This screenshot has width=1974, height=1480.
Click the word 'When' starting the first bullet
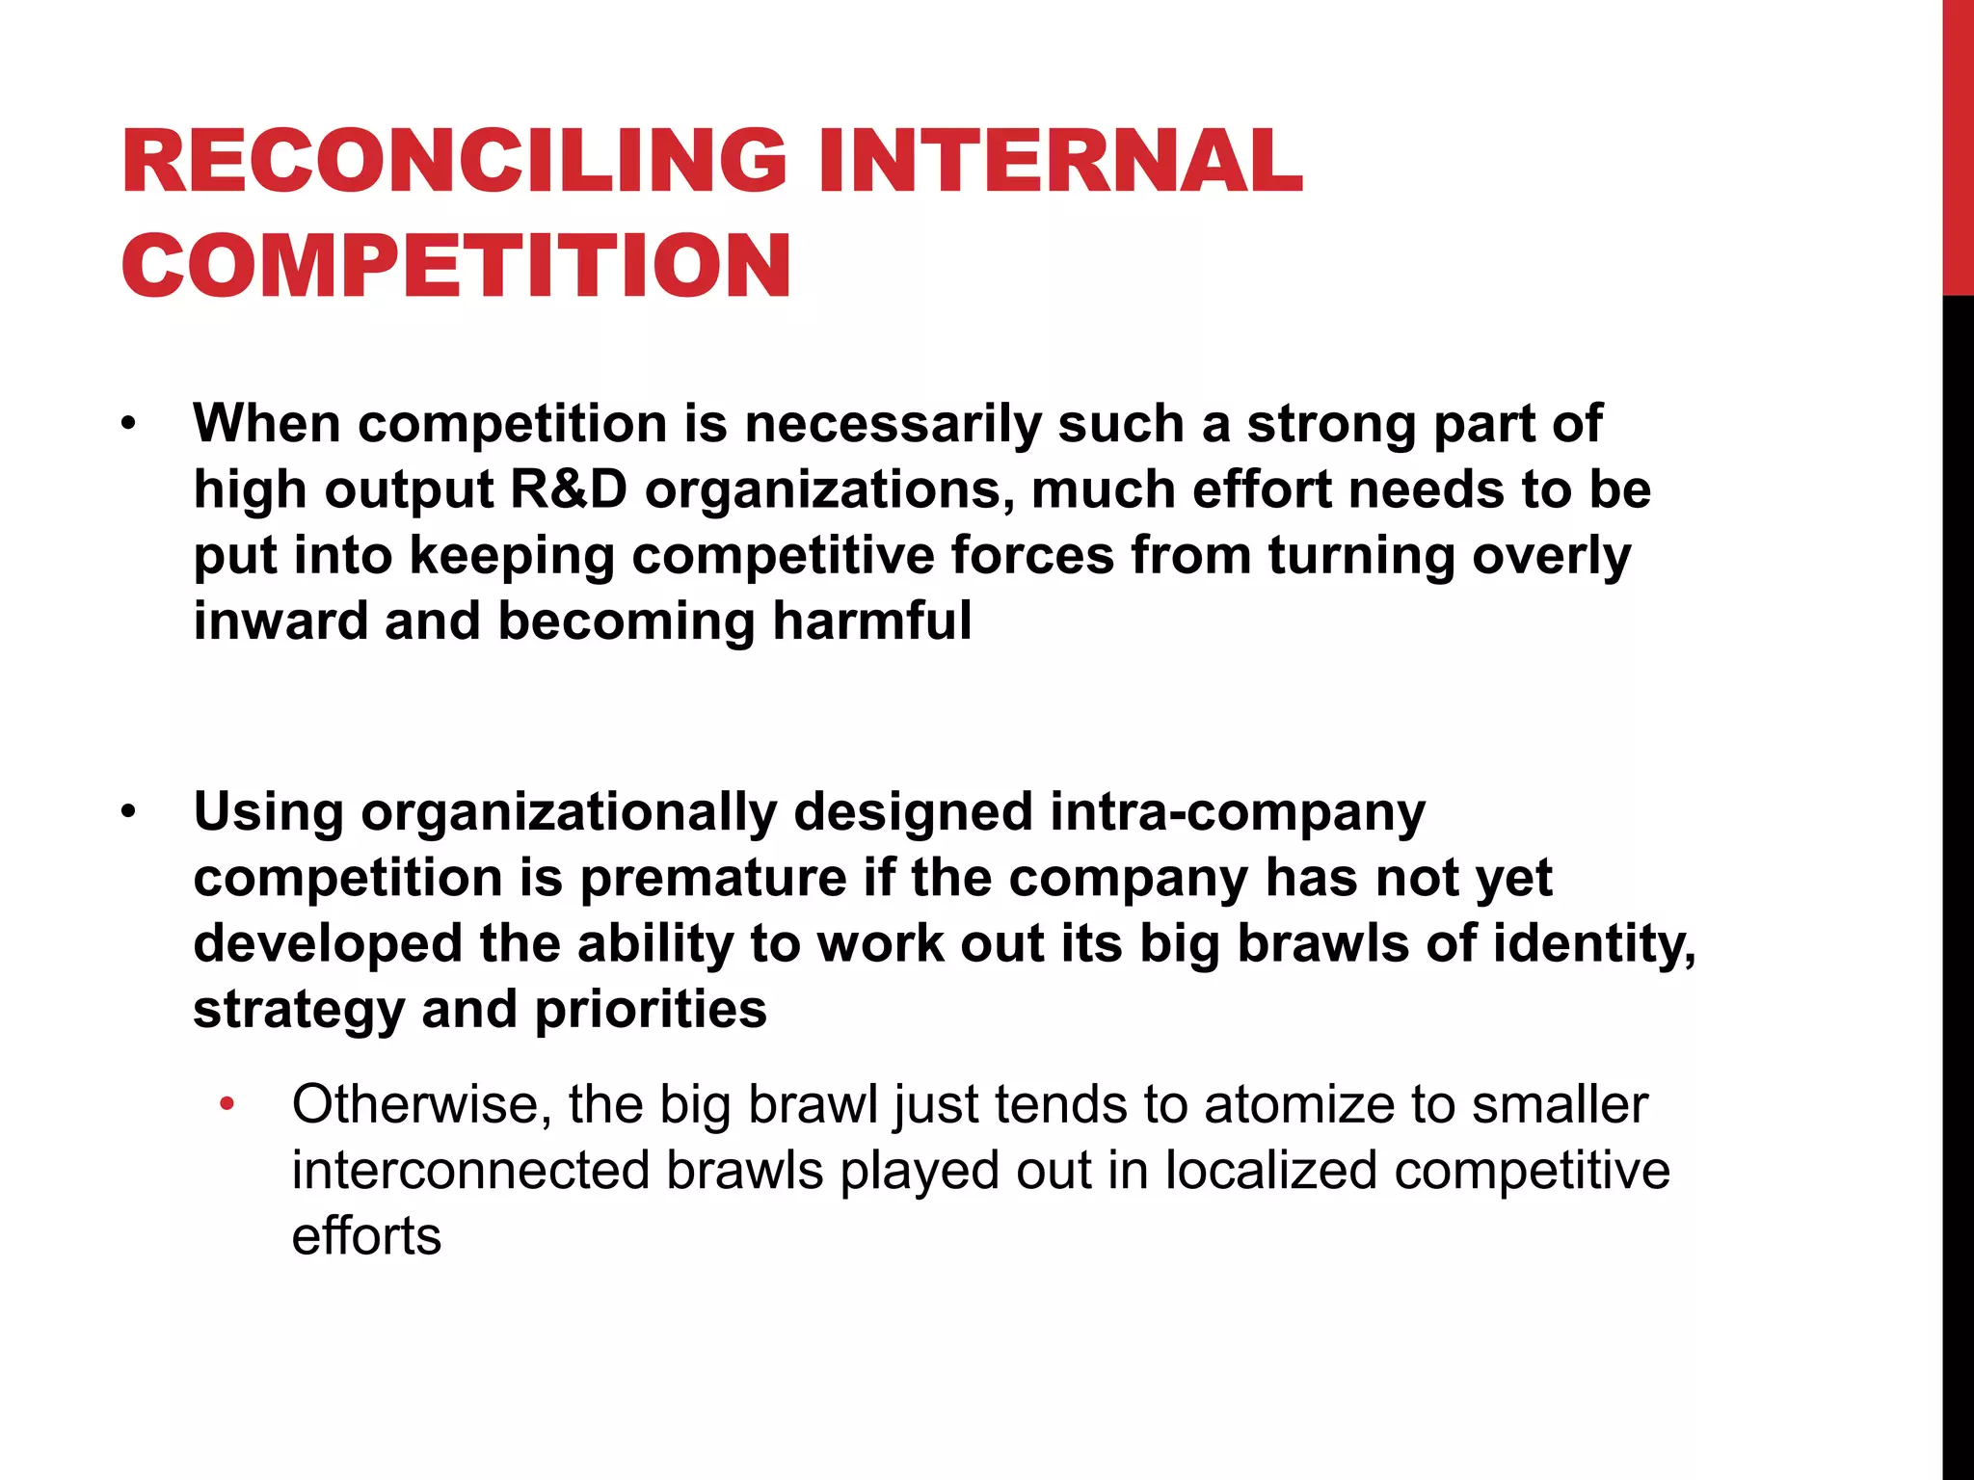pos(267,424)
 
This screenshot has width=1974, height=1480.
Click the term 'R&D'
pos(568,489)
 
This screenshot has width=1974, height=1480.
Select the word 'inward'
pos(280,621)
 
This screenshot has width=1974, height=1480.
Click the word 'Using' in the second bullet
pos(268,812)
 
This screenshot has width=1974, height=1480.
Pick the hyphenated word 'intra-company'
pos(1237,812)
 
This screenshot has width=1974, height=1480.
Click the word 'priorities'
pos(651,1009)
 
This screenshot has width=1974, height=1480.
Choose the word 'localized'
pos(1270,1171)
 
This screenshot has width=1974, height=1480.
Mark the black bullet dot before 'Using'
pos(129,812)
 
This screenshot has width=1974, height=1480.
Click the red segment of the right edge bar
pos(1958,145)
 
